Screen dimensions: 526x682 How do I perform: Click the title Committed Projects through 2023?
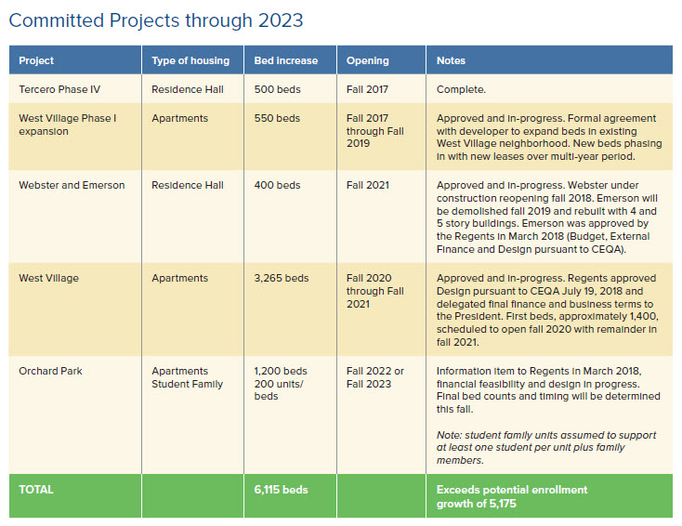pyautogui.click(x=156, y=20)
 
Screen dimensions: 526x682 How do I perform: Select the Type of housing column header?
pyautogui.click(x=190, y=60)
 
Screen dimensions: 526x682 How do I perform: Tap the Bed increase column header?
pyautogui.click(x=286, y=60)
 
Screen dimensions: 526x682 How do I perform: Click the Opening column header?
pyautogui.click(x=368, y=60)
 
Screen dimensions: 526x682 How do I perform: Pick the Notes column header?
pyautogui.click(x=452, y=60)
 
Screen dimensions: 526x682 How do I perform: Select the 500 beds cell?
pyautogui.click(x=277, y=89)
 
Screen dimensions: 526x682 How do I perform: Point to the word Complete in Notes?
pyautogui.click(x=462, y=89)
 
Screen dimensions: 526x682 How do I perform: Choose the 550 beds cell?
pyautogui.click(x=277, y=118)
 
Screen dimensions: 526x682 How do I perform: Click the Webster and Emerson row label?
pyautogui.click(x=72, y=185)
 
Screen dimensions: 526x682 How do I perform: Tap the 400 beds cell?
pyautogui.click(x=277, y=185)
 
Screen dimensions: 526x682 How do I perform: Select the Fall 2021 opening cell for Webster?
pyautogui.click(x=368, y=185)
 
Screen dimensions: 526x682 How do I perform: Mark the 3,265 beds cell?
pyautogui.click(x=282, y=278)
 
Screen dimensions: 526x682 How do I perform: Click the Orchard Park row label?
pyautogui.click(x=53, y=371)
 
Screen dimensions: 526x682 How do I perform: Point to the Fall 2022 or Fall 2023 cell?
pyautogui.click(x=375, y=377)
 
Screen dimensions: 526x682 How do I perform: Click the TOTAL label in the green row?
pyautogui.click(x=36, y=489)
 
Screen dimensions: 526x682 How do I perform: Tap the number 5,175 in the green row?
pyautogui.click(x=498, y=503)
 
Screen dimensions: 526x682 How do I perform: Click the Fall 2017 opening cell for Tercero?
pyautogui.click(x=368, y=89)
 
